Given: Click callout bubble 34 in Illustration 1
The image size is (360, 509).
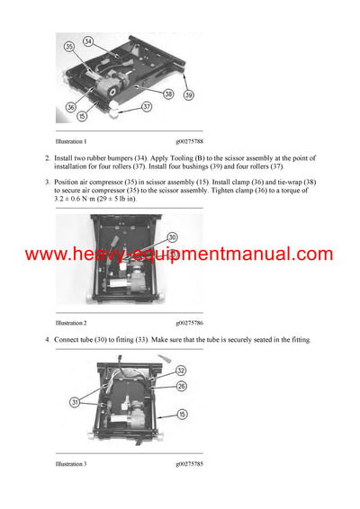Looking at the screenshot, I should click(88, 41).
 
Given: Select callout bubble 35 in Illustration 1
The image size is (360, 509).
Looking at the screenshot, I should click(68, 46).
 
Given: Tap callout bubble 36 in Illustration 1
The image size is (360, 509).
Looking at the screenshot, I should click(69, 105).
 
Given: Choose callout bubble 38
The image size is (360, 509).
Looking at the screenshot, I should click(167, 93).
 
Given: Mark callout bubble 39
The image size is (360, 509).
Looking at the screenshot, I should click(188, 94).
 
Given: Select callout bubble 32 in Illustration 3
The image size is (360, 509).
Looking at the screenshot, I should click(180, 370).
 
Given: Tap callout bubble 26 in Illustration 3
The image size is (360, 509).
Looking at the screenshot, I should click(181, 388).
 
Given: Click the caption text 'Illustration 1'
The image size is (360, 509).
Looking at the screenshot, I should click(71, 141).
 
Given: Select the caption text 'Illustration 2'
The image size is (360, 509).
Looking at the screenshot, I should click(71, 322).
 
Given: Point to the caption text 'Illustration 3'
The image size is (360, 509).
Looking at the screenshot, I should click(71, 463).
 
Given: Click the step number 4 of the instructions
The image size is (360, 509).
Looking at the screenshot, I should click(48, 340).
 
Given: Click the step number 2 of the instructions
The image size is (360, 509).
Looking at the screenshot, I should click(48, 158).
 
